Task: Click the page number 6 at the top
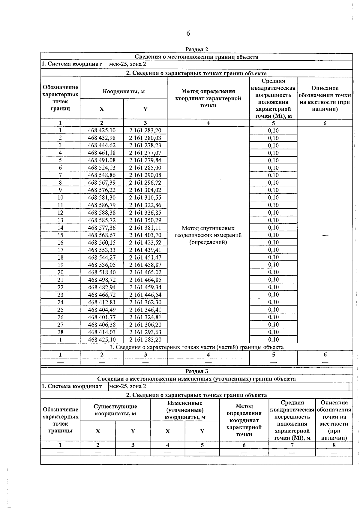point(188,33)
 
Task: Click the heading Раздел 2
point(196,50)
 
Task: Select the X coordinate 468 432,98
point(102,138)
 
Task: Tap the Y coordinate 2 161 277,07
point(145,153)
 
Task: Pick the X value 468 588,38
point(102,213)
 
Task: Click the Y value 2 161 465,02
point(145,273)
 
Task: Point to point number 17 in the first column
point(60,250)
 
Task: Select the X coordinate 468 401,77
point(102,317)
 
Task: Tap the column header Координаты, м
point(124,92)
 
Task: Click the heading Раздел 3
point(196,371)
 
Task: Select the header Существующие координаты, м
point(115,410)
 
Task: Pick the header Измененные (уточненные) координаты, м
point(185,410)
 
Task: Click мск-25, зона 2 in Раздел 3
point(128,386)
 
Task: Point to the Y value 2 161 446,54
point(145,295)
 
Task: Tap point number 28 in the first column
point(60,332)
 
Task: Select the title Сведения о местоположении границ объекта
point(196,57)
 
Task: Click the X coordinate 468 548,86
point(102,175)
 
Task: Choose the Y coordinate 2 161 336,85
point(145,213)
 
